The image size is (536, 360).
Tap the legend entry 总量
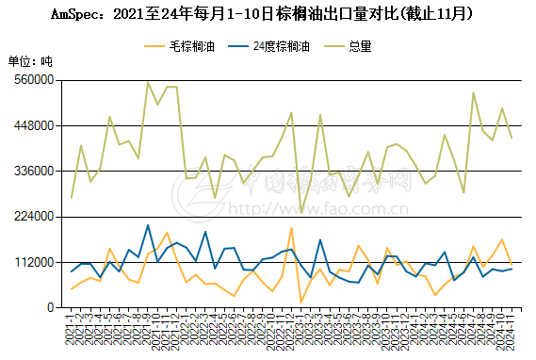coord(361,45)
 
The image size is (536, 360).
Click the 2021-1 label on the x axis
coord(70,330)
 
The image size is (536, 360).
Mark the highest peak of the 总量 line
coord(148,82)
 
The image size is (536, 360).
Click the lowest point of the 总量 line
coord(301,212)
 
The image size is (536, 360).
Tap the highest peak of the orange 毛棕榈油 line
coord(291,228)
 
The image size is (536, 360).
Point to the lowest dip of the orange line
coord(301,302)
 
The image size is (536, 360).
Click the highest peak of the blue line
coord(148,224)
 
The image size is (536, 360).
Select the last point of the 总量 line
coord(512,138)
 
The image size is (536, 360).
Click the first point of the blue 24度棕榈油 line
coord(72,271)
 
